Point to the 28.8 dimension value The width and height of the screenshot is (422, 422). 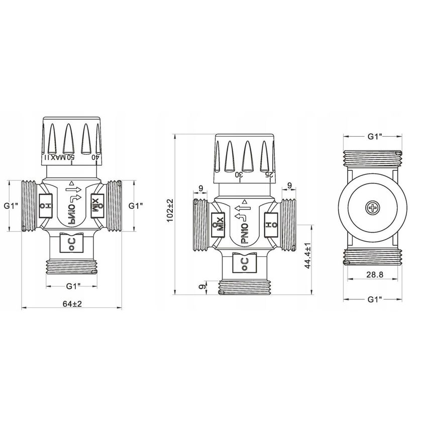pos(372,275)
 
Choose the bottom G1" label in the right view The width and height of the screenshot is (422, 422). pos(372,299)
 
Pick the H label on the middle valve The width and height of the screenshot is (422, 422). pos(269,223)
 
